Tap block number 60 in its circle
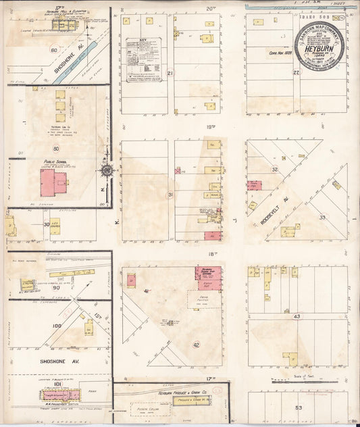pyautogui.click(x=53, y=50)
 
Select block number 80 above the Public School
pyautogui.click(x=55, y=148)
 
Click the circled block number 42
pyautogui.click(x=196, y=345)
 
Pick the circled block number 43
pyautogui.click(x=297, y=316)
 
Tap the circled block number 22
pyautogui.click(x=296, y=72)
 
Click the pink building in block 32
pyautogui.click(x=254, y=185)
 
